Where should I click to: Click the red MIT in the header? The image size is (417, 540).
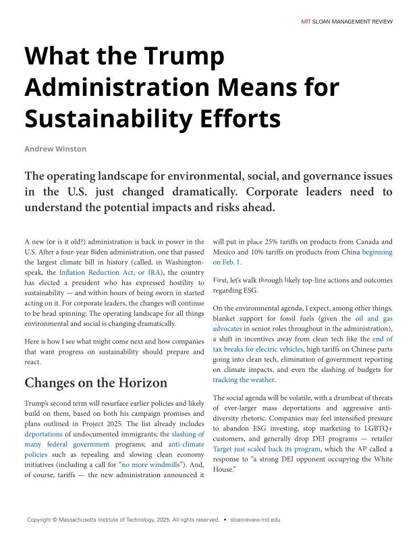coord(306,22)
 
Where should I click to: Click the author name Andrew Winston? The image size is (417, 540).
coord(55,148)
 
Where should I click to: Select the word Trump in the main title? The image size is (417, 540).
coord(183,55)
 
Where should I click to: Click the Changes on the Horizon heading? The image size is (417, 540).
coord(96,383)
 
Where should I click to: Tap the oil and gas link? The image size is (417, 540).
coord(374,318)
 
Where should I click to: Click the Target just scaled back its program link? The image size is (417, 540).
coord(267,449)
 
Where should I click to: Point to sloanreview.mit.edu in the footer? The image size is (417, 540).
coord(255,520)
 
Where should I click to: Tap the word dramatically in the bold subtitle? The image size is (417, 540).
coord(233,192)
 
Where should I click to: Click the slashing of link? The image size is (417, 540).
coord(188,434)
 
